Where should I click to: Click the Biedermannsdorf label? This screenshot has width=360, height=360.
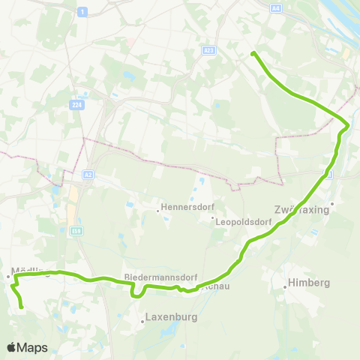coord(154,276)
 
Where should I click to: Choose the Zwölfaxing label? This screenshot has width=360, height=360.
coord(303,210)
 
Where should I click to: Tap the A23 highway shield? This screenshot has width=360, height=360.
coord(208,50)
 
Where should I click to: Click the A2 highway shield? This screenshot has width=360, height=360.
coord(88,174)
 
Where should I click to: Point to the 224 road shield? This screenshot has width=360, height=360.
coord(77,106)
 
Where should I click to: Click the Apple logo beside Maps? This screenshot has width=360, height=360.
coord(12,347)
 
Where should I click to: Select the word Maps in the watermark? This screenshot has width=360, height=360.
coord(34,347)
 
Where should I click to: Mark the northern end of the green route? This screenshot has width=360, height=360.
coord(253,52)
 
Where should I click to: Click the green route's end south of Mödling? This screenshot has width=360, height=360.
coord(22,307)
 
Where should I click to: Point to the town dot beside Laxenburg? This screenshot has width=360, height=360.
coord(142,322)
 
